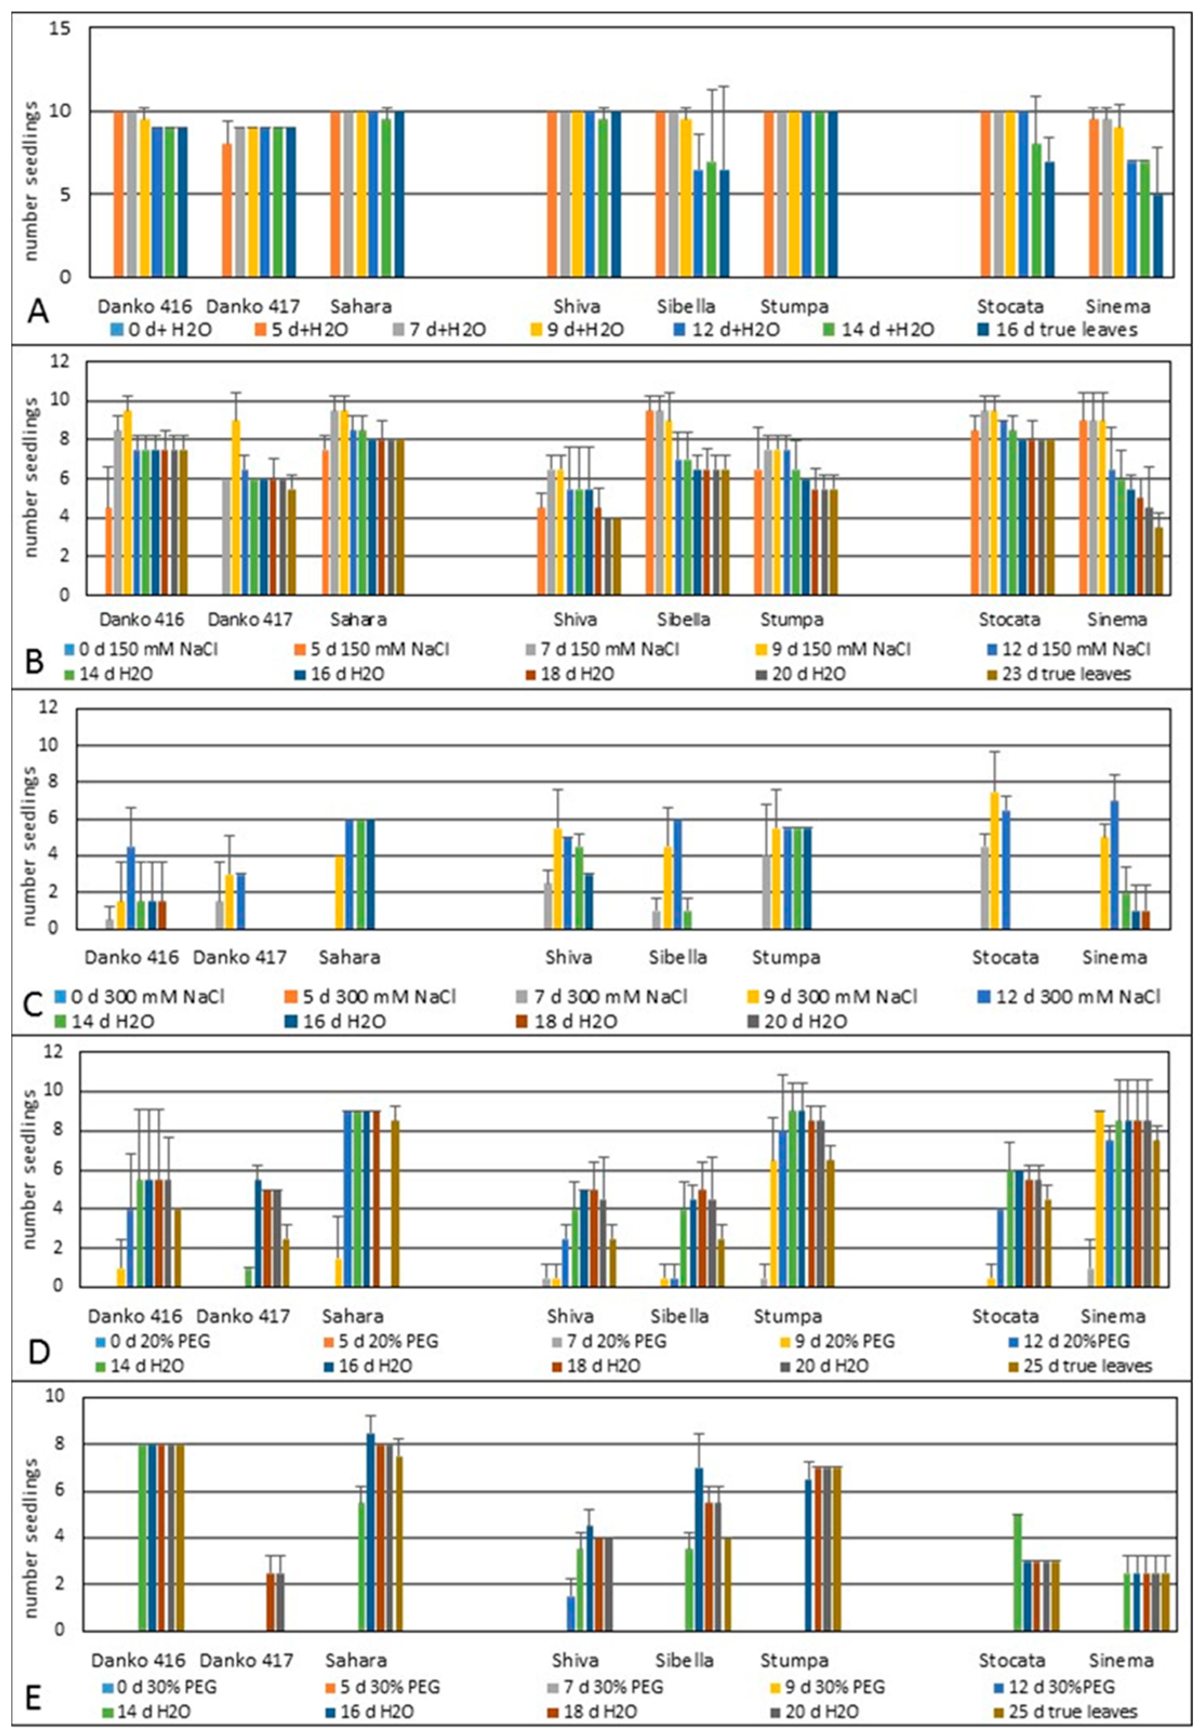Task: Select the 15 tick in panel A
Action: pyautogui.click(x=60, y=28)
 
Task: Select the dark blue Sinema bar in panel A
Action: pyautogui.click(x=1158, y=235)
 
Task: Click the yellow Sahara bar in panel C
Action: pyautogui.click(x=340, y=892)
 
